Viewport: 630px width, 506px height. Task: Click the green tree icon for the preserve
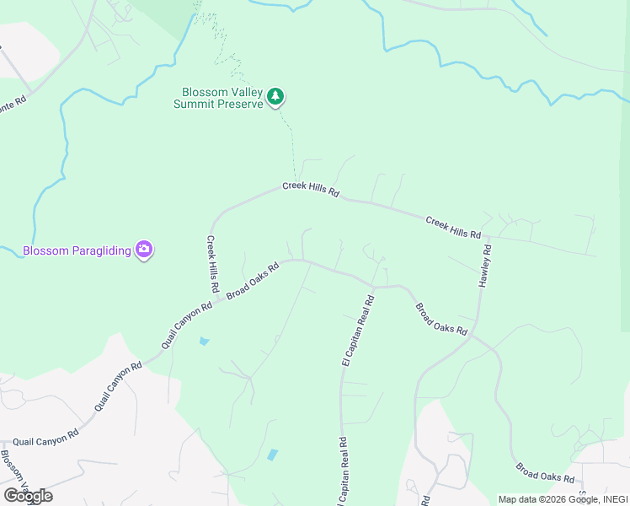point(275,98)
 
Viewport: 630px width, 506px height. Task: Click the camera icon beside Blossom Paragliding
point(144,249)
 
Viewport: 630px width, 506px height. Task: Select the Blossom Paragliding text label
point(78,250)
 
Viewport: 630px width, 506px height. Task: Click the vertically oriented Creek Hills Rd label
point(213,263)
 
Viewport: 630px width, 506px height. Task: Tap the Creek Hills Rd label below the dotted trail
point(310,190)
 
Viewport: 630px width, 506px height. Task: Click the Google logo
point(28,496)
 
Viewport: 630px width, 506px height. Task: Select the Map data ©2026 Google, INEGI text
point(563,499)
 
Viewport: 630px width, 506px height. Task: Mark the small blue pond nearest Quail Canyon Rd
point(204,342)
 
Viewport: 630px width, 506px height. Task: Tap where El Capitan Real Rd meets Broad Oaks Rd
point(374,287)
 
